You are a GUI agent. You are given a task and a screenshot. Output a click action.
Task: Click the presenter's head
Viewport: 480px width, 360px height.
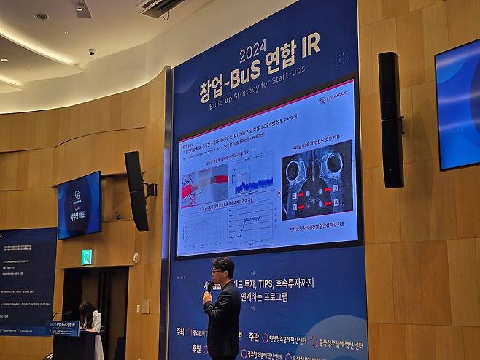[223, 267]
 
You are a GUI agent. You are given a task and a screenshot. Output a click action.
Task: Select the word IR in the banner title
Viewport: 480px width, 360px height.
[309, 45]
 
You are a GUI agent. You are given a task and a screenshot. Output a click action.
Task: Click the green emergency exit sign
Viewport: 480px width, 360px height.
[87, 256]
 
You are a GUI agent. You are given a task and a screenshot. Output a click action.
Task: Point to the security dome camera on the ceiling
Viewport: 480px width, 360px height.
[91, 52]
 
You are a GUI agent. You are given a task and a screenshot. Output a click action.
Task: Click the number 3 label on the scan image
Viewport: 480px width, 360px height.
[294, 195]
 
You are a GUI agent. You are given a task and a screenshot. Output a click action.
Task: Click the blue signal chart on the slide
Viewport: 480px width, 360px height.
[253, 177]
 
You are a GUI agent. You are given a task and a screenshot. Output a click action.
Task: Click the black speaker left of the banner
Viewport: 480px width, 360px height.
[136, 191]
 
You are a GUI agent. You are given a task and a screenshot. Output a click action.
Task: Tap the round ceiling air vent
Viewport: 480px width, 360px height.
[41, 16]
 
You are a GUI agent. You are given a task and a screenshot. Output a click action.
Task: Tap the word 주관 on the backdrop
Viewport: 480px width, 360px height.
[252, 337]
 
